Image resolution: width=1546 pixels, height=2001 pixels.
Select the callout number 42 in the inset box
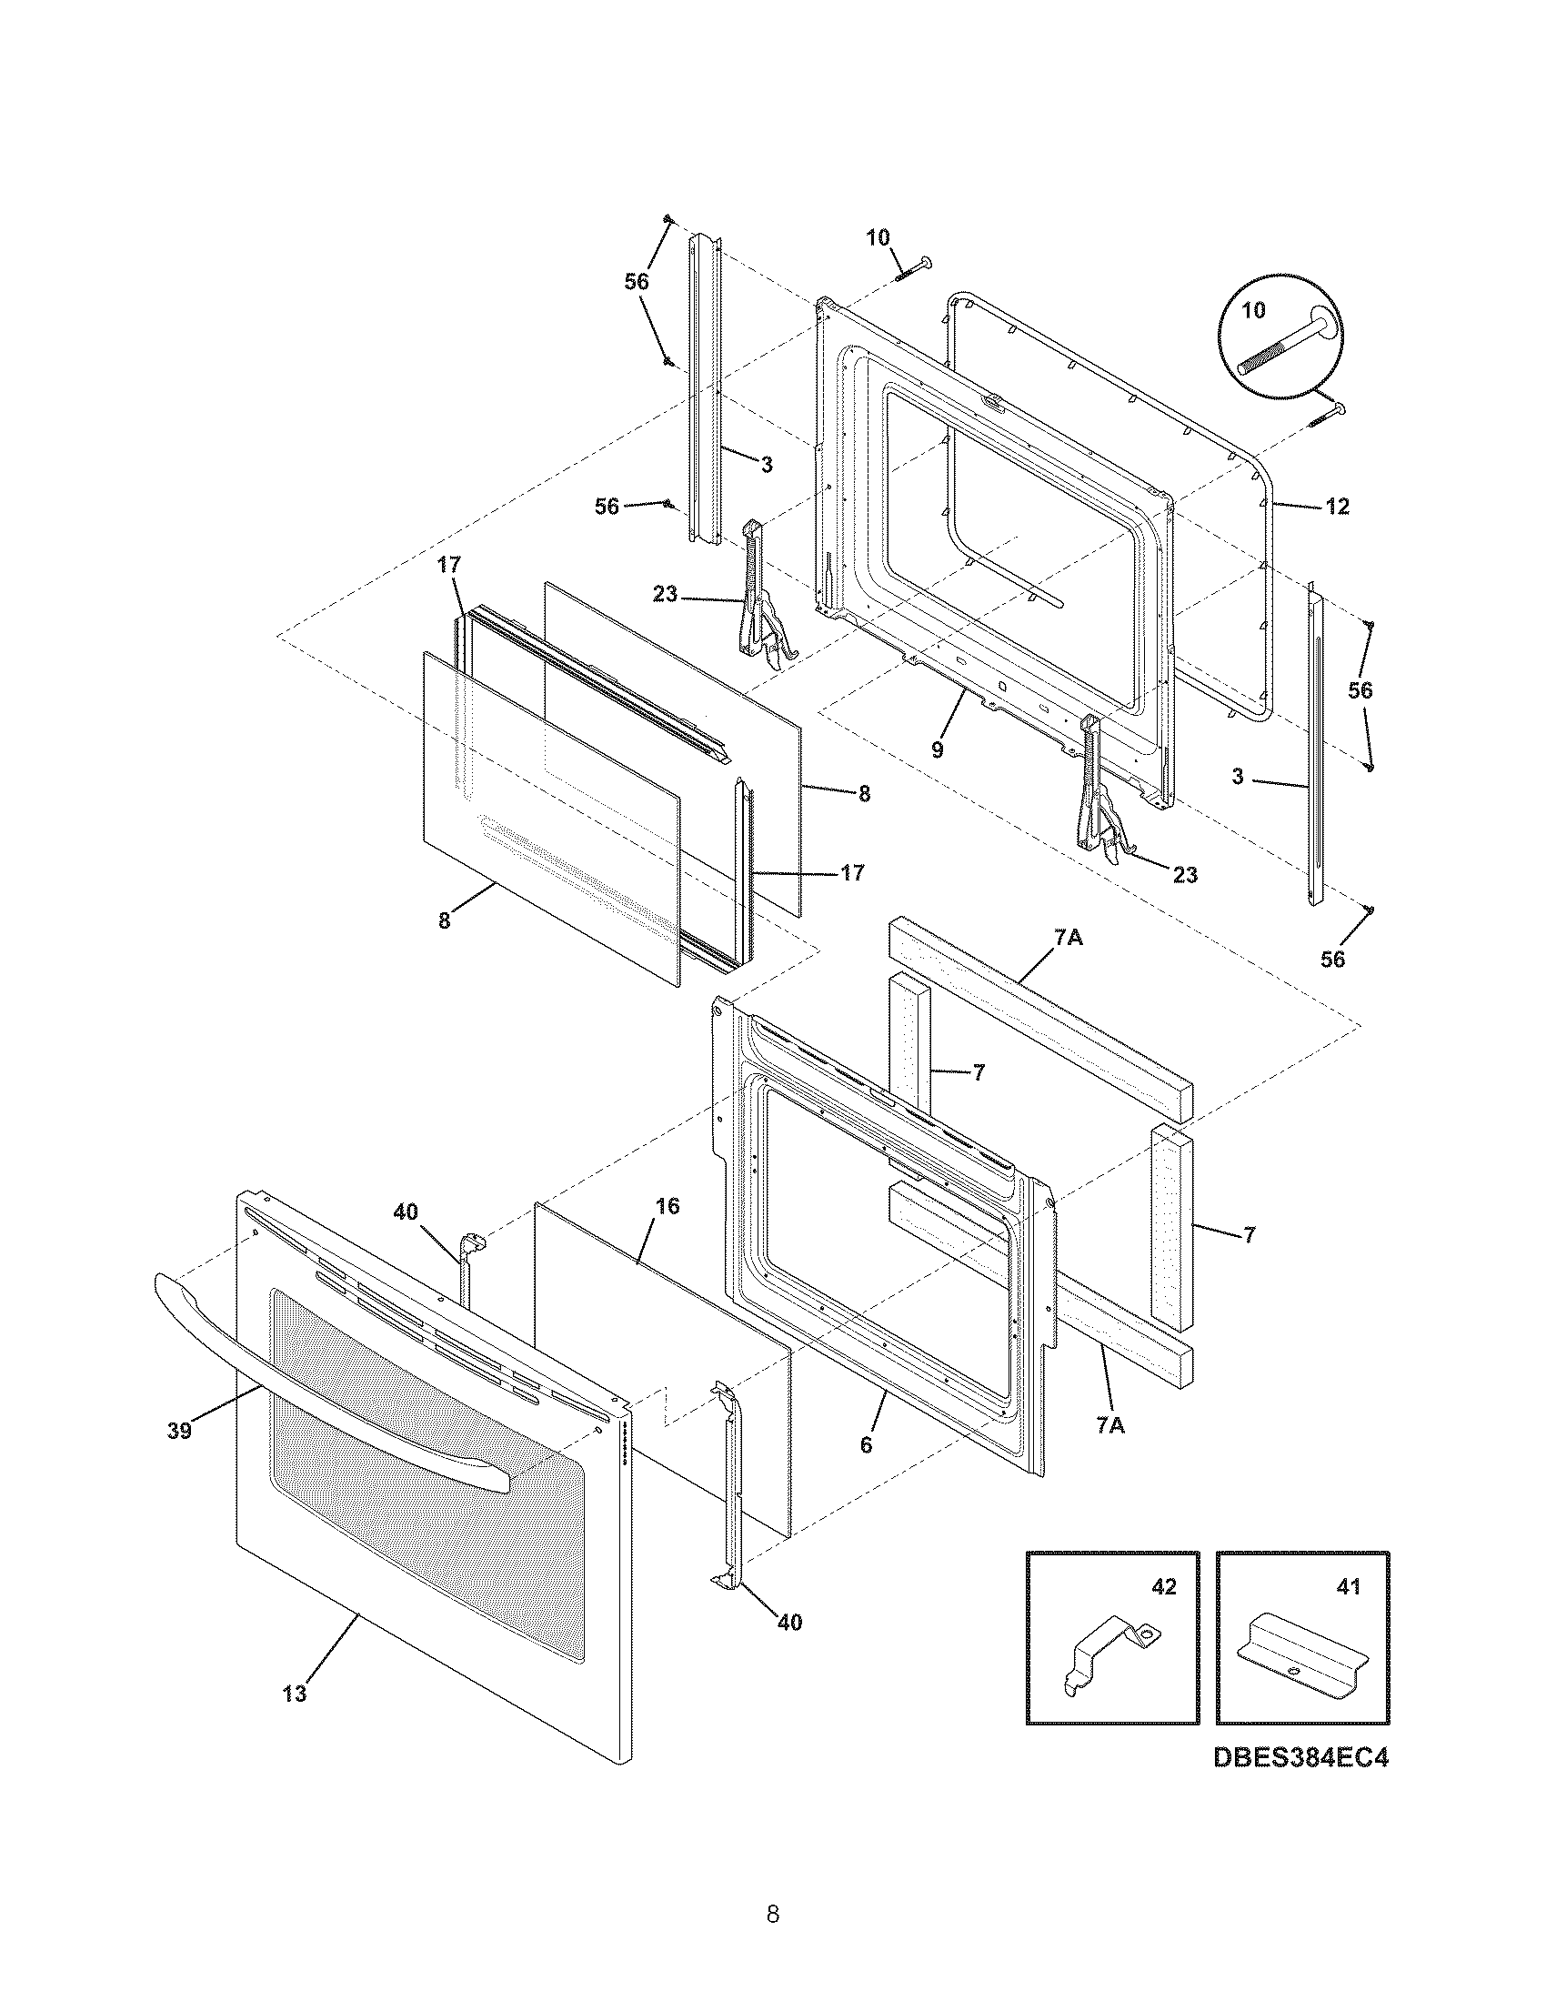(1162, 1587)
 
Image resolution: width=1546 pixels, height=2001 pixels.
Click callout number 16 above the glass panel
(668, 1206)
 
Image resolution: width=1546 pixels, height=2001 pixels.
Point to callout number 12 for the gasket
(1337, 506)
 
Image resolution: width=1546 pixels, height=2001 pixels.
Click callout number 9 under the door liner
(937, 749)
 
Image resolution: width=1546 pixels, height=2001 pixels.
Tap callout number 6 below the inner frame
(867, 1446)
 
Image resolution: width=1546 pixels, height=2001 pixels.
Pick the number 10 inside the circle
(1253, 309)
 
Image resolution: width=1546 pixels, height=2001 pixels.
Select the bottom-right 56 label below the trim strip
(1332, 959)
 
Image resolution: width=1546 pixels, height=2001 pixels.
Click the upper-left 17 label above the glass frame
(447, 566)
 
